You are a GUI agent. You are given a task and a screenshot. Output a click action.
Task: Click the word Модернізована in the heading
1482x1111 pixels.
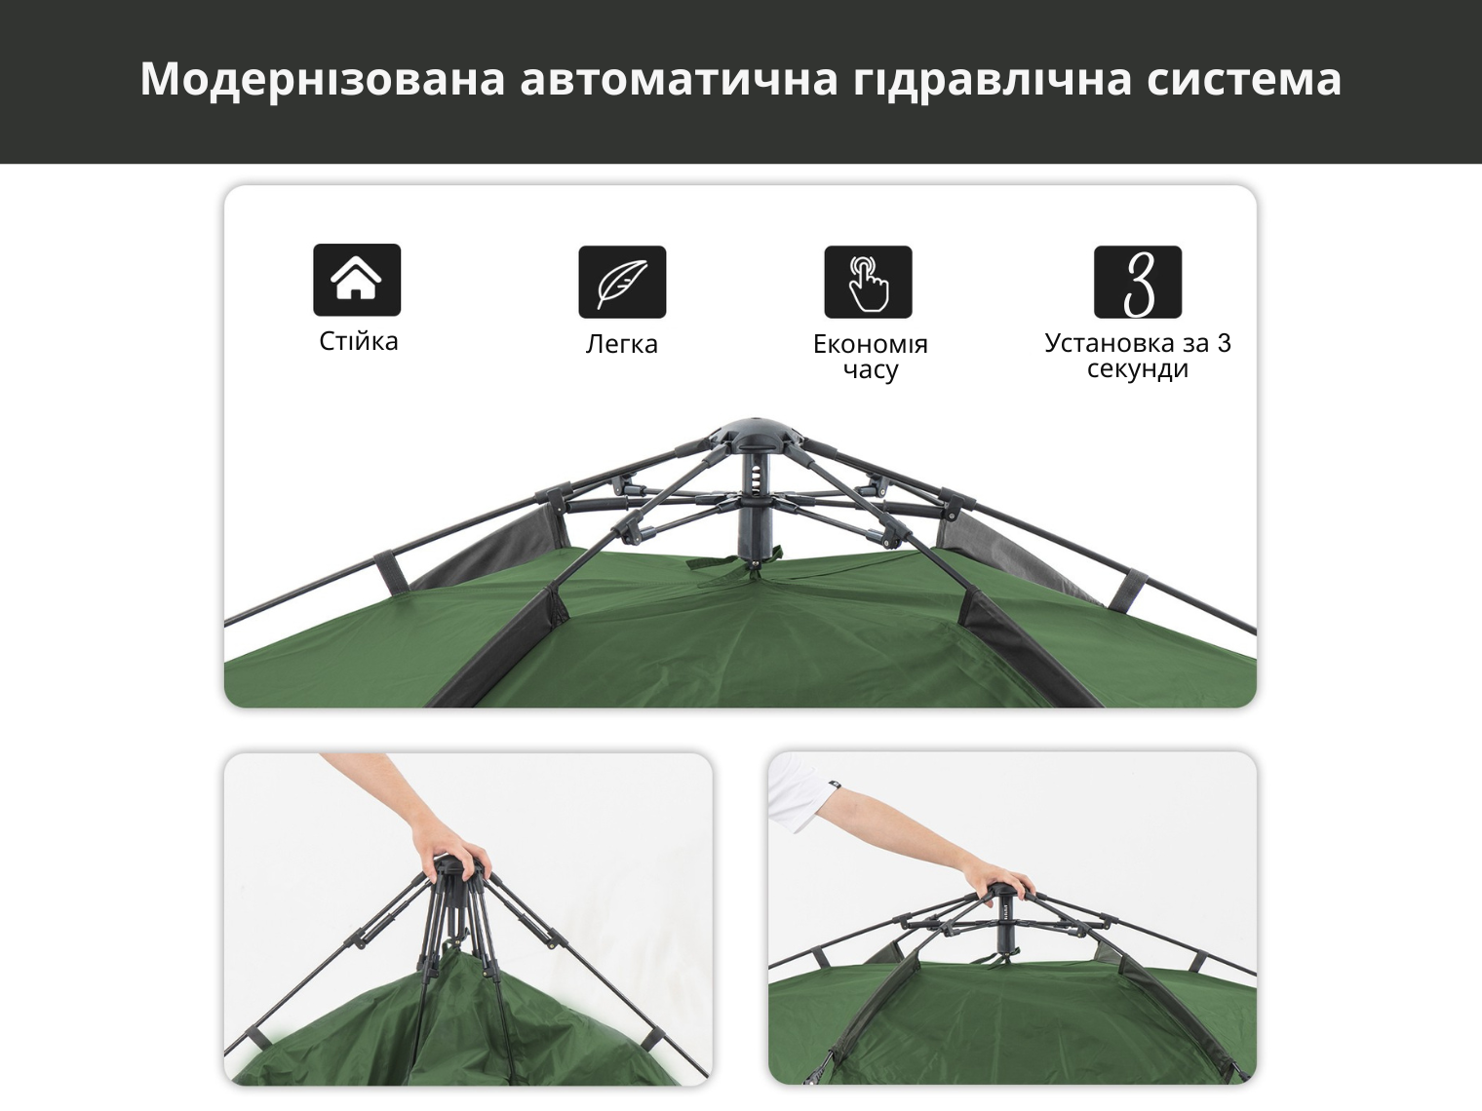(323, 79)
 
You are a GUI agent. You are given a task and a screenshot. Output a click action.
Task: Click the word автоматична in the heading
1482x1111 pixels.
(680, 80)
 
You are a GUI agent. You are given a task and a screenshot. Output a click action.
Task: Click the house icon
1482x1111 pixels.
(357, 280)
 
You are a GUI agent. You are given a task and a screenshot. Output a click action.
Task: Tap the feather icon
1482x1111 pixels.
(622, 282)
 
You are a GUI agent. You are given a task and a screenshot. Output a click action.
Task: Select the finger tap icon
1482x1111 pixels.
(868, 282)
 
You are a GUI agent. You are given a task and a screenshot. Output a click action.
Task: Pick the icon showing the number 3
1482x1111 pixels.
(1138, 282)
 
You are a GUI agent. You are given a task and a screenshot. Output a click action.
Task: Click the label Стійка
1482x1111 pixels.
(359, 341)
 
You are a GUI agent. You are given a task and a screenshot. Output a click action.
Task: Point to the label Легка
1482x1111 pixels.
(621, 344)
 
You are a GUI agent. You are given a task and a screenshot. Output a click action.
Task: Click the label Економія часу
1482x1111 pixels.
(871, 357)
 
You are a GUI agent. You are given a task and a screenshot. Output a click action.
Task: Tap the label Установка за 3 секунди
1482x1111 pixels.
(1138, 356)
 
